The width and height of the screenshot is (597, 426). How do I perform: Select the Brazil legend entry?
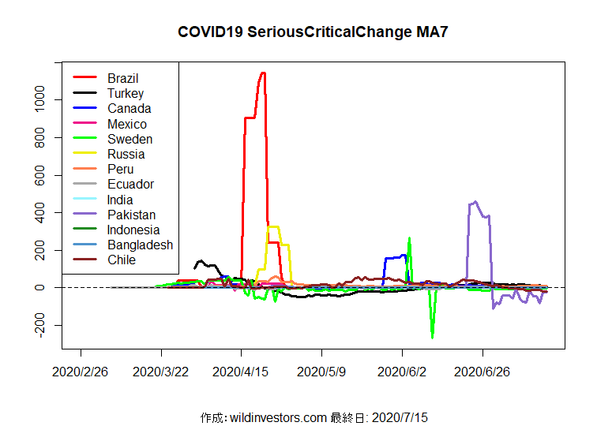123,78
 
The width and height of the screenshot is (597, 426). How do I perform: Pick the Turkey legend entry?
126,93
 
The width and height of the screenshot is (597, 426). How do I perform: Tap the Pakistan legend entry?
131,215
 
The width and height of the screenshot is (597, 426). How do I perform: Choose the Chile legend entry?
122,260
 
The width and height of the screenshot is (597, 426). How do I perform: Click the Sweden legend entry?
130,139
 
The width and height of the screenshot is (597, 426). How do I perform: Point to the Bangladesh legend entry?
140,245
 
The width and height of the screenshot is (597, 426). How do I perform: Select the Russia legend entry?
126,154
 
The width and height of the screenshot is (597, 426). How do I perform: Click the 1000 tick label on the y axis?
39,100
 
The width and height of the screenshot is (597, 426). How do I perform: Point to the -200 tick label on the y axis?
39,325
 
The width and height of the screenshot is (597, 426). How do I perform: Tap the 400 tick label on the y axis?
39,213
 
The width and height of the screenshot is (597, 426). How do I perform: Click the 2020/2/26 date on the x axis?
81,370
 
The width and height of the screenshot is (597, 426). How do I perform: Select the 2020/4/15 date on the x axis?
242,370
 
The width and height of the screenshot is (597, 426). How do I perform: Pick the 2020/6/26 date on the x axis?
482,370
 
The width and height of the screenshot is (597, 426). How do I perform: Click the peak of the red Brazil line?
262,73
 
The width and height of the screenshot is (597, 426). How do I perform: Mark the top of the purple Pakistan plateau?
474,203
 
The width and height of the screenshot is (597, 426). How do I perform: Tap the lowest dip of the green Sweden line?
432,337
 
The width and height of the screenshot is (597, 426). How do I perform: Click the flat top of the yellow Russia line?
274,227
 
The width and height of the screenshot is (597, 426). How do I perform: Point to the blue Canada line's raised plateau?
394,257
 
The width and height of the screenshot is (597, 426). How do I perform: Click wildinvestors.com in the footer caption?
277,417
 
